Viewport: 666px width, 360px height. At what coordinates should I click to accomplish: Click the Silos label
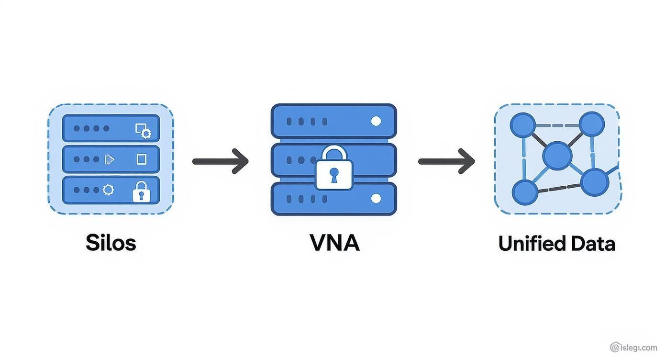(111, 243)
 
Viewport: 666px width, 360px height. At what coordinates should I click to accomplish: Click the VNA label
(334, 243)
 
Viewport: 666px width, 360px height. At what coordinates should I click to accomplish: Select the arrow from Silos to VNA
(221, 161)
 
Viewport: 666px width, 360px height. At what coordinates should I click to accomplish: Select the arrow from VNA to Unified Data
(446, 161)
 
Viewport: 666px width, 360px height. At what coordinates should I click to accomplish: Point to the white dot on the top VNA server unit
(376, 121)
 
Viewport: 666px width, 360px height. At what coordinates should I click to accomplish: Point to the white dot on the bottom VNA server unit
(376, 198)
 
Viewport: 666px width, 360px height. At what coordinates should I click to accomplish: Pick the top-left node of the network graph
(523, 125)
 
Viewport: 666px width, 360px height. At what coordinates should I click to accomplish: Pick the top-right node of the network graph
(592, 124)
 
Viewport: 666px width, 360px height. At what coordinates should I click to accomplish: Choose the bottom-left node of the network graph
(525, 192)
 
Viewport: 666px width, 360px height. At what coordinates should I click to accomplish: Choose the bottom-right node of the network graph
(594, 182)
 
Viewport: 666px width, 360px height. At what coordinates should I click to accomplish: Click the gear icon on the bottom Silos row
(109, 190)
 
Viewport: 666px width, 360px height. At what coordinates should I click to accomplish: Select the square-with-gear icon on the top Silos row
(143, 130)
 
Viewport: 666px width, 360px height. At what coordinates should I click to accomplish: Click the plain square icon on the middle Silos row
(142, 159)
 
